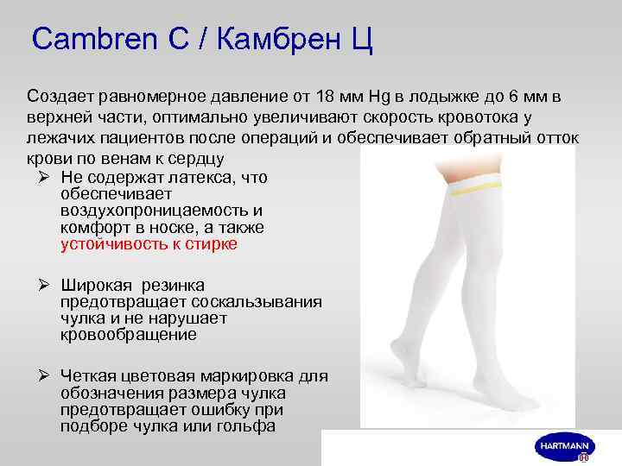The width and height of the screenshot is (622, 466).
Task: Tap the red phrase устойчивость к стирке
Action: pos(149,244)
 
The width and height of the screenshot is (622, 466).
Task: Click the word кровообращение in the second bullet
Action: pos(129,335)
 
